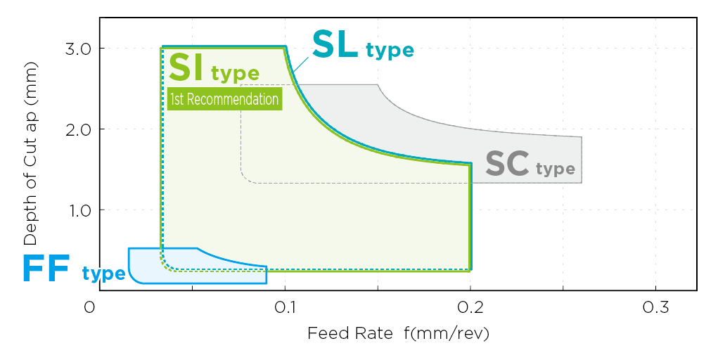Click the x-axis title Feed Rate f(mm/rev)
tap(398, 333)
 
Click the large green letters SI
tap(186, 67)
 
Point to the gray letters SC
tap(508, 164)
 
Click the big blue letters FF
tap(46, 269)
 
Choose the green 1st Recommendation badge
tap(224, 99)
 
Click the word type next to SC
tap(556, 169)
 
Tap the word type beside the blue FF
tap(103, 274)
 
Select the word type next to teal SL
tap(390, 51)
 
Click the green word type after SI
tap(235, 73)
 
